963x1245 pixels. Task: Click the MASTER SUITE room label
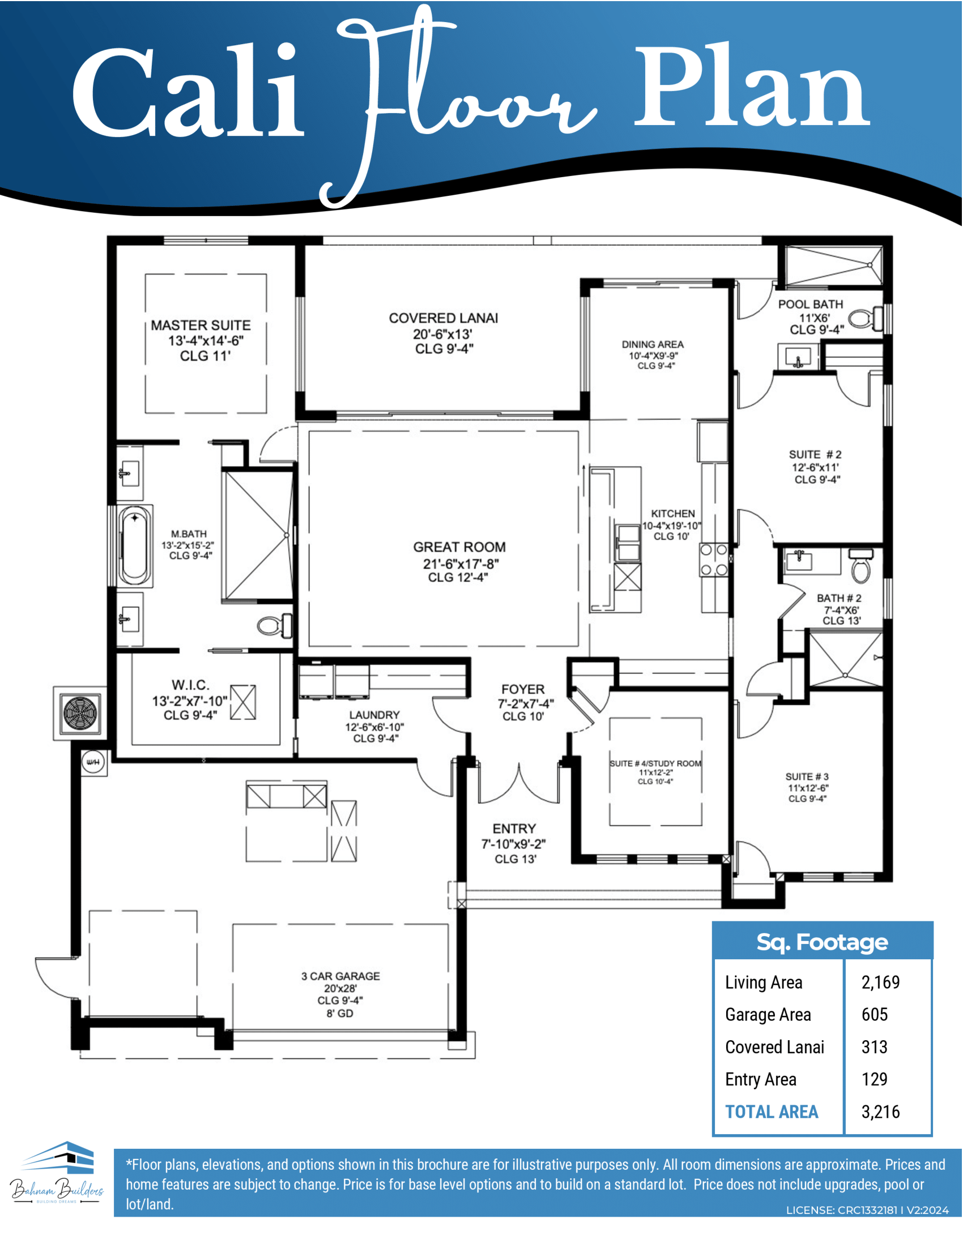[x=201, y=325]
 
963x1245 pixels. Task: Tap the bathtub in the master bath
[x=135, y=546]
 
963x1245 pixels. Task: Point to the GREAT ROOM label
[x=459, y=547]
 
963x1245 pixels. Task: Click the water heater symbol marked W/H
[x=93, y=762]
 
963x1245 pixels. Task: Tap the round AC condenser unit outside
[x=81, y=713]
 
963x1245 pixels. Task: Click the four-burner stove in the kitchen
[x=714, y=560]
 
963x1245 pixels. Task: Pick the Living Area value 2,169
[x=880, y=982]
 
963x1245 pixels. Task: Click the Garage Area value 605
[x=875, y=1015]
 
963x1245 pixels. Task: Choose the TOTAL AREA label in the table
[x=772, y=1111]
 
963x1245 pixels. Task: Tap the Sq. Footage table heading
[x=822, y=942]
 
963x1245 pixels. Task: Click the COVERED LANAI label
[x=444, y=318]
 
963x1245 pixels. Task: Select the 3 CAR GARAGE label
[x=340, y=976]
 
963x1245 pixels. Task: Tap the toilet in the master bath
[x=274, y=625]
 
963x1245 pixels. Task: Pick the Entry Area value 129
[x=875, y=1079]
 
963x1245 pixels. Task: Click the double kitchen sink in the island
[x=628, y=543]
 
